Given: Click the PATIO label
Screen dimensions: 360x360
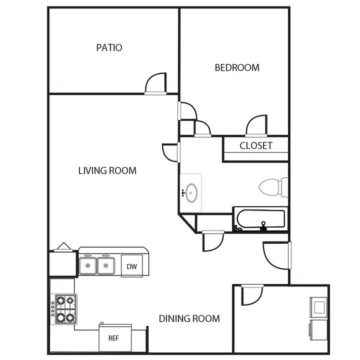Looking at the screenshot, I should click(x=109, y=48).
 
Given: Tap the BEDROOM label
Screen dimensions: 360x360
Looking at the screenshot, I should click(x=237, y=68).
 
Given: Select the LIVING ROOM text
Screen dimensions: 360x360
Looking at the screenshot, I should click(x=107, y=171).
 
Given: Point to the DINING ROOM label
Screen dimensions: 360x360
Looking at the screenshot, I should click(x=189, y=318).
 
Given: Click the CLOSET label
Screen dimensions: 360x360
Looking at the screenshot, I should click(x=256, y=146).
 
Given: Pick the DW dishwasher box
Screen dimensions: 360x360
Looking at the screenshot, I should click(x=132, y=266).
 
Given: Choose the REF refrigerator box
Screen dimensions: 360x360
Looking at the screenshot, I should click(x=114, y=338).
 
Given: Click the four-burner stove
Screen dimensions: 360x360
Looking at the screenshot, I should click(x=64, y=309).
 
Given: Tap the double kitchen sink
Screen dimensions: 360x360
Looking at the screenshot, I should click(x=96, y=266).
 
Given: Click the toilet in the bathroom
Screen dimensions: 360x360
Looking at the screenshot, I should click(x=272, y=187).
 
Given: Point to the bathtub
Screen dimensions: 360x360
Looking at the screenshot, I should click(x=260, y=219).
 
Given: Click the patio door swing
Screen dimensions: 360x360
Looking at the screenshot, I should click(x=157, y=83).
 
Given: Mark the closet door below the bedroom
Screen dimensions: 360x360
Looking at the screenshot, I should click(x=257, y=125).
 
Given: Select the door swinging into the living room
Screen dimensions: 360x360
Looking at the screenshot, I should click(x=170, y=152).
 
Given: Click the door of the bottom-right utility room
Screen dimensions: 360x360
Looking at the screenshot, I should click(x=250, y=294).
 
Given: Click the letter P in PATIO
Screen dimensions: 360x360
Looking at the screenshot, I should click(x=99, y=48).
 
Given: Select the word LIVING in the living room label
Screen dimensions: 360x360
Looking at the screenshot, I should click(x=92, y=171).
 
